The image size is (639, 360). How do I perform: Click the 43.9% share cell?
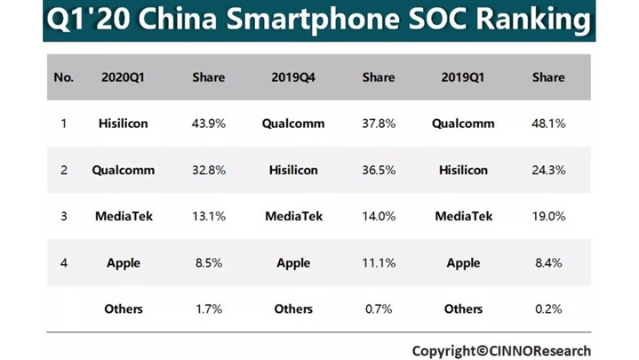click(x=209, y=124)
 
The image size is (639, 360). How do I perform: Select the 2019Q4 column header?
click(x=293, y=77)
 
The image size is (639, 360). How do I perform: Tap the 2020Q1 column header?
click(x=124, y=77)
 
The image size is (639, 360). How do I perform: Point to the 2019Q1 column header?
click(x=463, y=77)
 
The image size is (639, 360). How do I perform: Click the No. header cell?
click(x=63, y=77)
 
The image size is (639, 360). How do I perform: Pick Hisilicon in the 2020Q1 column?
click(x=124, y=124)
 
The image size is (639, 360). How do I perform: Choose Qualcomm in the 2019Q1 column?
click(x=463, y=124)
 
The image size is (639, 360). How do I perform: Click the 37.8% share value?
click(x=379, y=124)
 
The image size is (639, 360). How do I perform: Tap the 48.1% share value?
click(x=548, y=124)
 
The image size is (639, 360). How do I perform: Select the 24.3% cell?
click(x=548, y=170)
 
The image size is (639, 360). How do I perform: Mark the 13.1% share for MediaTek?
click(x=209, y=216)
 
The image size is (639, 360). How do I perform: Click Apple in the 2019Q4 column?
click(x=293, y=263)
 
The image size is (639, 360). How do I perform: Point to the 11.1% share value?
click(x=379, y=263)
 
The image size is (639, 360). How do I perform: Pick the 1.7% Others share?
click(x=209, y=308)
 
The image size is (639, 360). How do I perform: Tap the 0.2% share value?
click(x=548, y=308)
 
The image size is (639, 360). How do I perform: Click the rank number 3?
click(x=63, y=216)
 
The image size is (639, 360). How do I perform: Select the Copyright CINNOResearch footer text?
click(x=501, y=350)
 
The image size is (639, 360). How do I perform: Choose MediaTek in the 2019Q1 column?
click(x=463, y=216)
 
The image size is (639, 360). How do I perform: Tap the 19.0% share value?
click(x=548, y=216)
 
